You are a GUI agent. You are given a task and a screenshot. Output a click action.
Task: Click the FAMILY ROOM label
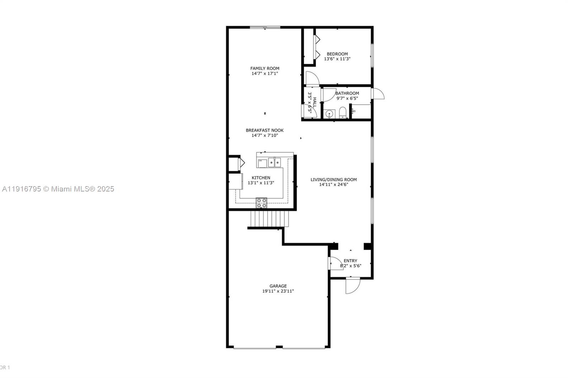click(264, 68)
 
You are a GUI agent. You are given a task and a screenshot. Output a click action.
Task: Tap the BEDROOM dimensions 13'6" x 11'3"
click(337, 59)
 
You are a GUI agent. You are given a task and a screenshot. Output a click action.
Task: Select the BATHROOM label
click(347, 93)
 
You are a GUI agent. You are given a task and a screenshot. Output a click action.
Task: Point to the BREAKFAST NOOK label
click(264, 130)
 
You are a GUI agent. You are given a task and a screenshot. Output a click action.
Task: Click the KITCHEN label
click(261, 178)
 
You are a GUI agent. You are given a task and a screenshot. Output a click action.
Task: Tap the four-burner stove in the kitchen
click(262, 203)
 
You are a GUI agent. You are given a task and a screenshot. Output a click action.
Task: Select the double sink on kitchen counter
click(274, 162)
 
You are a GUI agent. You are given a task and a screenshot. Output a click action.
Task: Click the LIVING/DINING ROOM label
click(333, 179)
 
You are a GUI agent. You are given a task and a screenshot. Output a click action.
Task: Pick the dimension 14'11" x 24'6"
click(333, 184)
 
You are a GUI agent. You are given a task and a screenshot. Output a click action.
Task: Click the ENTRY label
click(350, 261)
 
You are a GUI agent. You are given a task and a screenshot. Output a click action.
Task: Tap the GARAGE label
click(278, 286)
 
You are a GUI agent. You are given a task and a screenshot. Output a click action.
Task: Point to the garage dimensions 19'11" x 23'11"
click(278, 291)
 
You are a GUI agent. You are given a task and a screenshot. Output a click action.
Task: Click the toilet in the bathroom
click(343, 113)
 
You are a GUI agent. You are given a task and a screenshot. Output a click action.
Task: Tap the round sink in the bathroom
click(330, 114)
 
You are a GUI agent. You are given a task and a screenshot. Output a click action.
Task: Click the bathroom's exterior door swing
click(378, 94)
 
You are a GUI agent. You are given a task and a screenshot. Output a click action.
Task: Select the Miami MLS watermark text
click(58, 189)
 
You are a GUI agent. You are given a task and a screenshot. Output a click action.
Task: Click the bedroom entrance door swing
click(311, 78)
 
